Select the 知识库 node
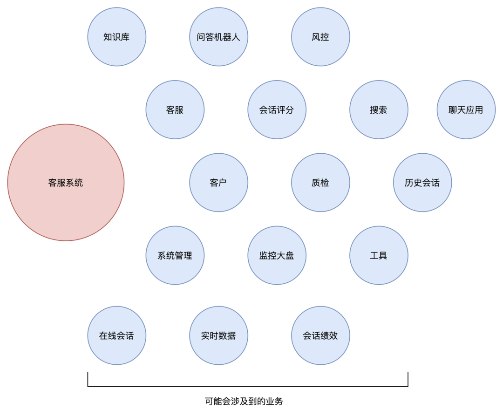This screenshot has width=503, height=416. coord(116,37)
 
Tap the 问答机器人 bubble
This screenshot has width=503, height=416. coord(218,37)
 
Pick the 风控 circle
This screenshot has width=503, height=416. coord(320,37)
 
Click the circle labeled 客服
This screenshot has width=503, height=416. coord(175,110)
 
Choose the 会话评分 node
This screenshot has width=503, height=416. coord(277,110)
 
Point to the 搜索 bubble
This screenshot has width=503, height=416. coord(379,110)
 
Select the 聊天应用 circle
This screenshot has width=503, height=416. coord(466,110)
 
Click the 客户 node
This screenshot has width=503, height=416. coord(218,183)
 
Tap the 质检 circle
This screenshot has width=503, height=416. coord(320,183)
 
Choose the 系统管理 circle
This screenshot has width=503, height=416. coord(175,255)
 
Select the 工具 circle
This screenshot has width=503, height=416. coord(379,255)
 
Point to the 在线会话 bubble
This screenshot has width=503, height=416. coord(116,335)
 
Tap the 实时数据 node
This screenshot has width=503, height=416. coord(218,335)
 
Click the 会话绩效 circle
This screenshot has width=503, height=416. coord(320,335)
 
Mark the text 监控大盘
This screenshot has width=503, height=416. coord(277,256)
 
